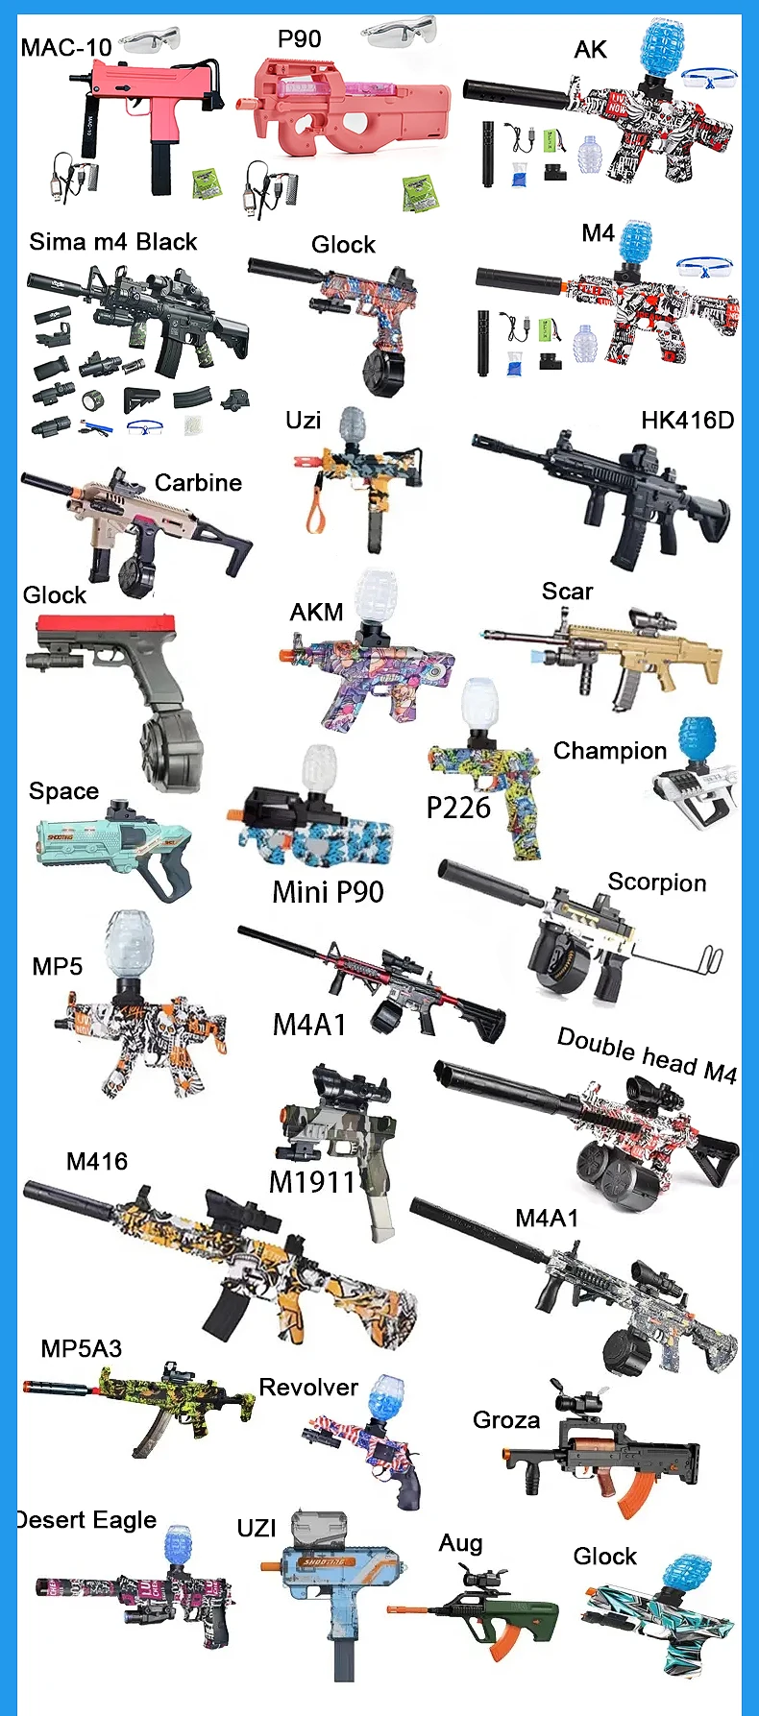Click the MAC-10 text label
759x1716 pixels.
click(x=66, y=46)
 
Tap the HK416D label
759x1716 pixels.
click(x=687, y=421)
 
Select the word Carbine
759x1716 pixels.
click(x=198, y=483)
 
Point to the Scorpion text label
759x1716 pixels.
click(x=657, y=882)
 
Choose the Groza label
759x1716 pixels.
click(x=506, y=1420)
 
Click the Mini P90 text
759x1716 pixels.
click(x=328, y=892)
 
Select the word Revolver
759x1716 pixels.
click(x=308, y=1388)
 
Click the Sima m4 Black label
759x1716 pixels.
click(x=112, y=242)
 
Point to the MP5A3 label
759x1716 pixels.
click(x=82, y=1349)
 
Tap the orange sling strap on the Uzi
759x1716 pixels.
click(x=314, y=504)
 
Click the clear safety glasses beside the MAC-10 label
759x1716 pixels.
click(x=151, y=41)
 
